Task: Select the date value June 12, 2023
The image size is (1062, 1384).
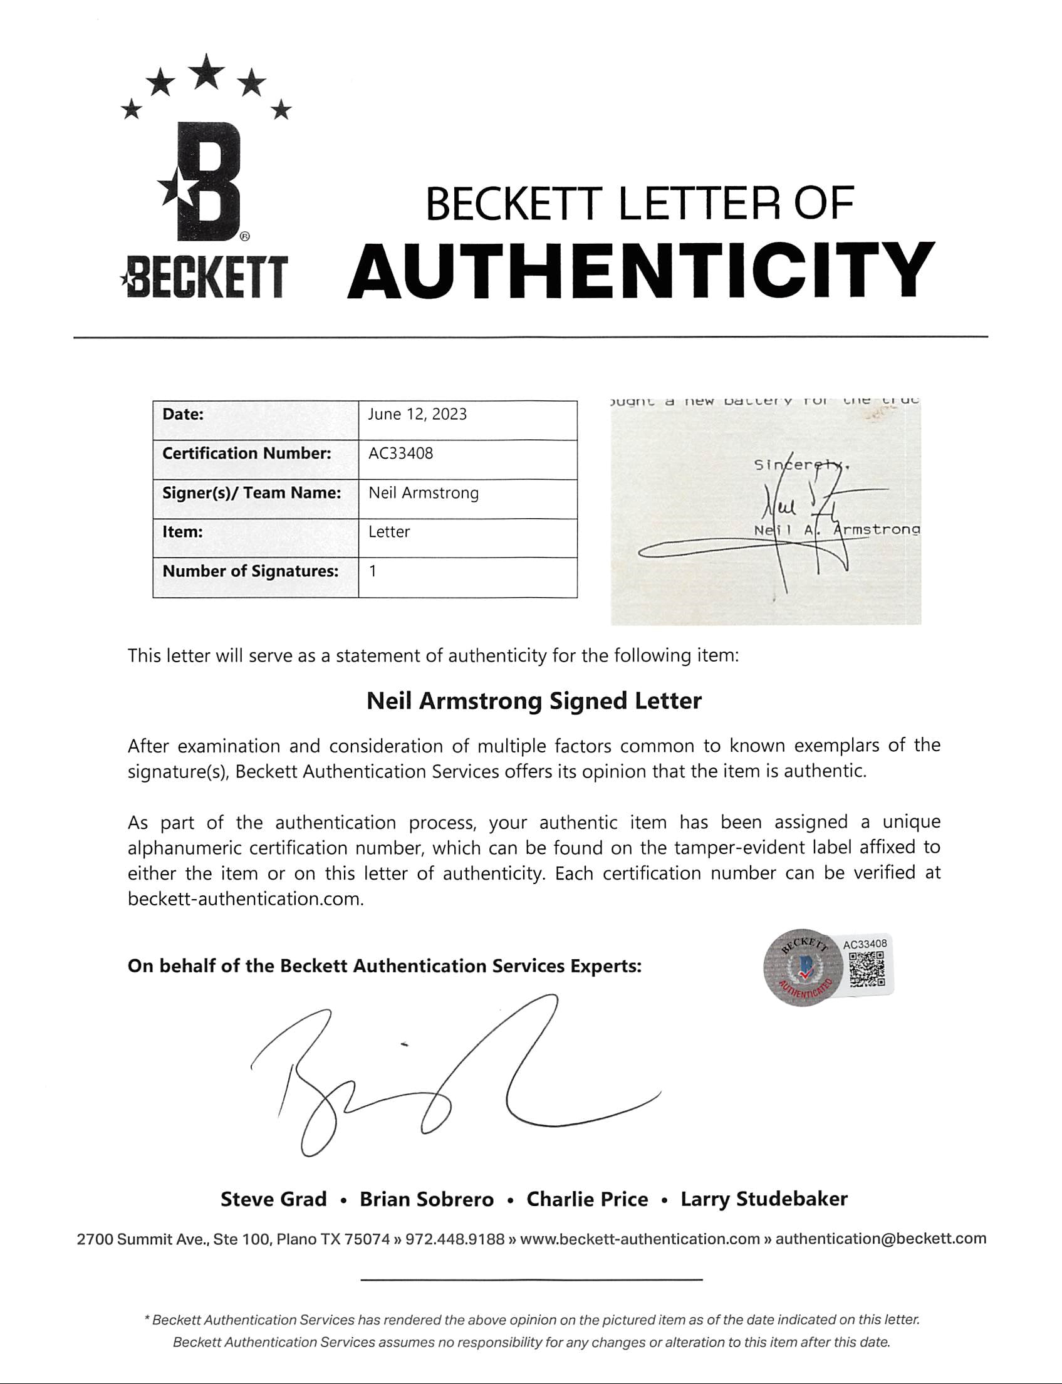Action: click(417, 415)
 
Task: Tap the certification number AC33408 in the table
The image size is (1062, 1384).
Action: click(401, 454)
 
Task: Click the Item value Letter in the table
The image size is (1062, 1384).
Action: click(388, 532)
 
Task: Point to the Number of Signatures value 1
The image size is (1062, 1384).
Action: click(373, 571)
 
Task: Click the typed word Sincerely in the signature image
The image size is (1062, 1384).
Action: click(800, 465)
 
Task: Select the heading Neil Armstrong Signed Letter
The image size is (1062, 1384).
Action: click(534, 701)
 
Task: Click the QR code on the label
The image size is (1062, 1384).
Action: click(866, 969)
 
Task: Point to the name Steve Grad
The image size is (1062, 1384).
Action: click(273, 1199)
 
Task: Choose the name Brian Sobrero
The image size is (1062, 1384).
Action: click(427, 1199)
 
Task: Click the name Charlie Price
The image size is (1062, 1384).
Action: click(587, 1199)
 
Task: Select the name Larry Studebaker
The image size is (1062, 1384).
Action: click(764, 1199)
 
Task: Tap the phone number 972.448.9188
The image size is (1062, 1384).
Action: click(454, 1239)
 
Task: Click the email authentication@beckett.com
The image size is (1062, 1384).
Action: click(880, 1239)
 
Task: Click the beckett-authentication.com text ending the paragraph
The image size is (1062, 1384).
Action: click(244, 898)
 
